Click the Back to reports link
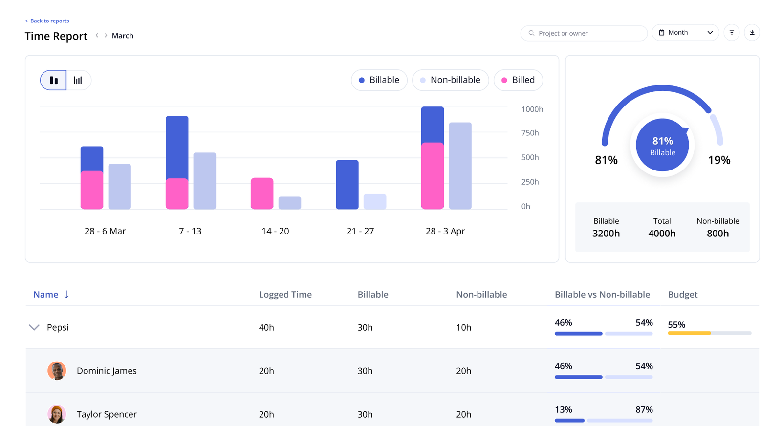click(47, 21)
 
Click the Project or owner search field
click(584, 33)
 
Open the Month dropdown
click(685, 33)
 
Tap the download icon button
click(752, 33)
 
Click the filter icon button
click(731, 33)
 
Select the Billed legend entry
click(518, 80)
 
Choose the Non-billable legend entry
click(450, 80)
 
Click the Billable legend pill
click(379, 80)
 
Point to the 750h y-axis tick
click(530, 133)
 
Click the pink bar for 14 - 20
click(262, 193)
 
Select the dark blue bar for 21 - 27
click(347, 185)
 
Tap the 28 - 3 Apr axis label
click(445, 231)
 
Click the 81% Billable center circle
click(662, 145)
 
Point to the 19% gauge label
click(719, 160)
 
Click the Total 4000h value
click(662, 234)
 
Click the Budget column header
click(682, 295)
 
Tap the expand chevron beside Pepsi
click(34, 327)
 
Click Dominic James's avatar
click(57, 371)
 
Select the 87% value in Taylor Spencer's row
click(644, 409)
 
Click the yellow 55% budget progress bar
click(689, 333)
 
